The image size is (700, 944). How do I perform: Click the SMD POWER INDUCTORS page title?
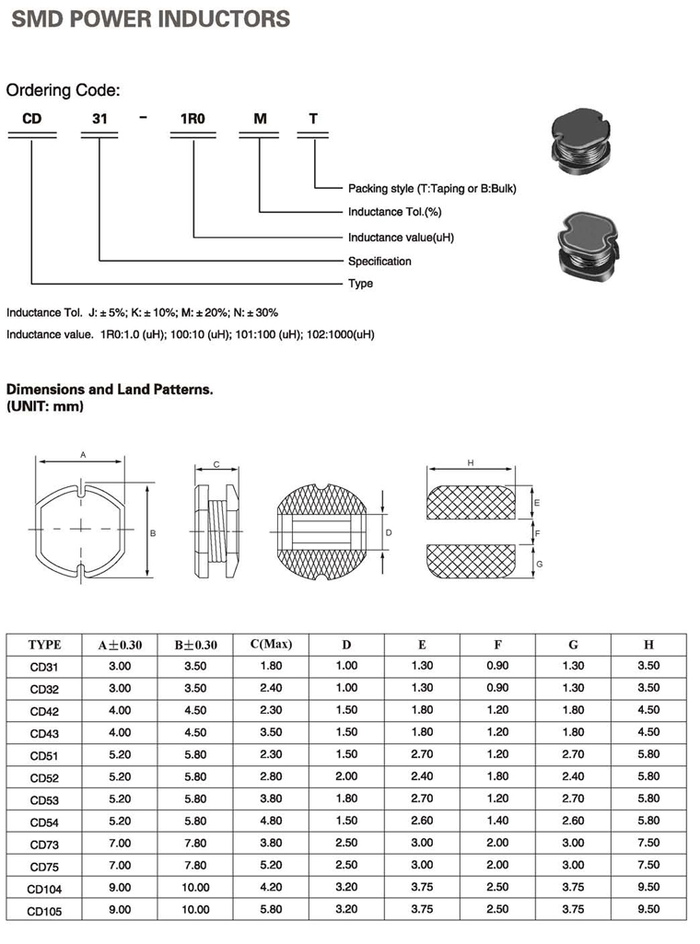pyautogui.click(x=150, y=18)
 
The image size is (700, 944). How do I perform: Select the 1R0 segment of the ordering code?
pyautogui.click(x=192, y=119)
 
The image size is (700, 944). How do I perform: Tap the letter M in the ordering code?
pyautogui.click(x=261, y=119)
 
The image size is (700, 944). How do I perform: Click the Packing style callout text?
pyautogui.click(x=432, y=189)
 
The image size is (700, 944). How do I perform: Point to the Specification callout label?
pyautogui.click(x=379, y=261)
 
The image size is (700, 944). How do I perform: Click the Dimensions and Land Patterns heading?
pyautogui.click(x=110, y=390)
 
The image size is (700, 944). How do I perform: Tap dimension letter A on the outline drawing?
pyautogui.click(x=83, y=455)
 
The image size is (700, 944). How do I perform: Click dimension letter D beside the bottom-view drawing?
pyautogui.click(x=389, y=532)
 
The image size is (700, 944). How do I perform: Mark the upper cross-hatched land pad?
pyautogui.click(x=470, y=502)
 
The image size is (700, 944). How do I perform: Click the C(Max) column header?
pyautogui.click(x=271, y=644)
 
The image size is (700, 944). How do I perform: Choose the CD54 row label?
pyautogui.click(x=44, y=822)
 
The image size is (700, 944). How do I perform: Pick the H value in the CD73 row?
pyautogui.click(x=648, y=844)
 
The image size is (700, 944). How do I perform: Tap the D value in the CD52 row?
pyautogui.click(x=346, y=777)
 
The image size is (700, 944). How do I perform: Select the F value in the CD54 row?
pyautogui.click(x=497, y=822)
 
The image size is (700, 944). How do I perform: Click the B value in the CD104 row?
pyautogui.click(x=195, y=888)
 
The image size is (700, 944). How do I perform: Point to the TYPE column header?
pyautogui.click(x=44, y=645)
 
